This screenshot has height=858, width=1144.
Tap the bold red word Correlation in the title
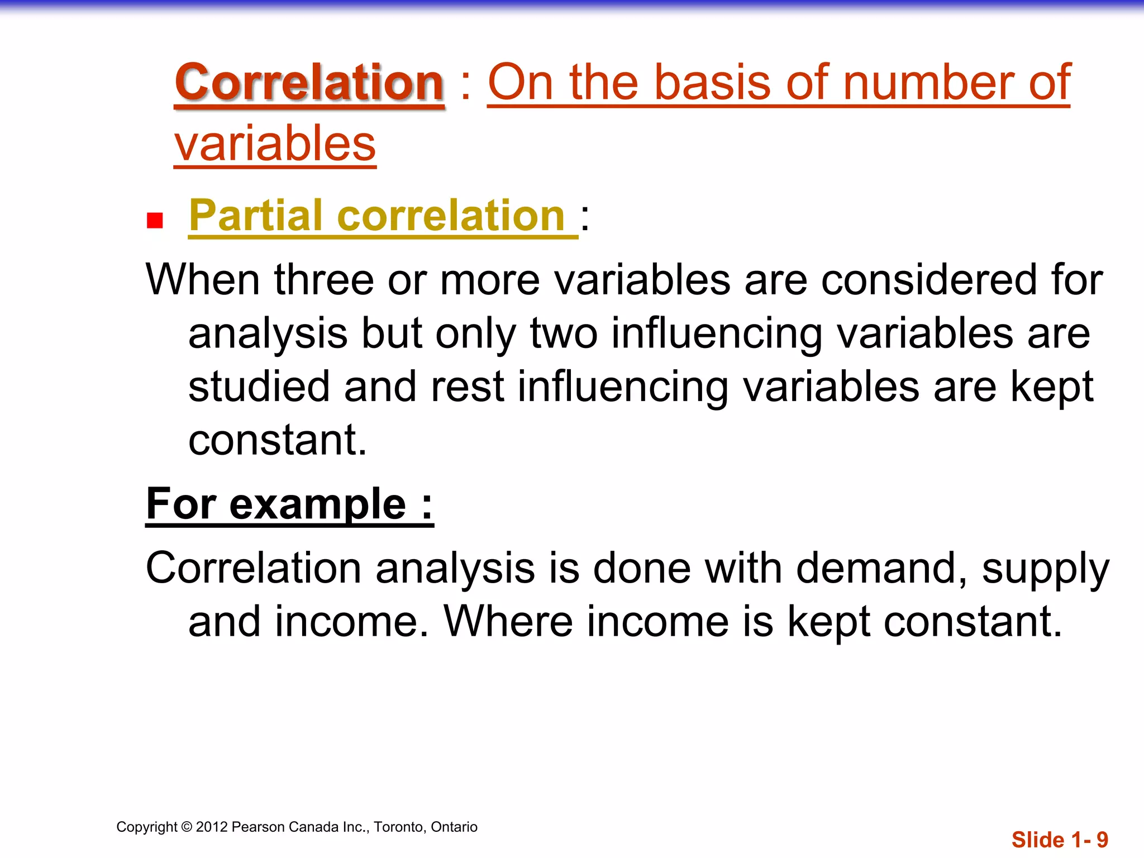[309, 83]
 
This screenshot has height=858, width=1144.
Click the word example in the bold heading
[317, 504]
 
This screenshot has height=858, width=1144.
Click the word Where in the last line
[508, 621]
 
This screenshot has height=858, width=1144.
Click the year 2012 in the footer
[212, 827]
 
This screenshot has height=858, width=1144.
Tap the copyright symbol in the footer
[187, 827]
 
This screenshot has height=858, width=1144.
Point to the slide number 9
[1102, 840]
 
